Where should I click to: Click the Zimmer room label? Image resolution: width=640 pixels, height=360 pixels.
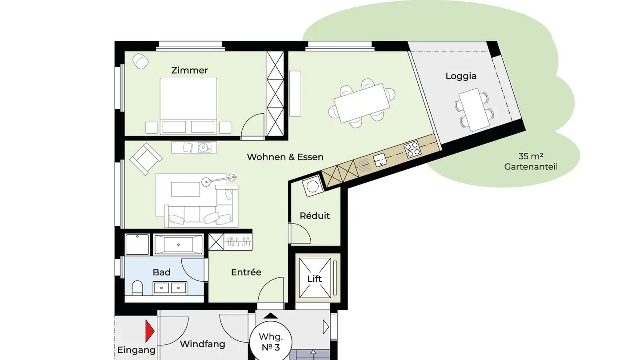189,70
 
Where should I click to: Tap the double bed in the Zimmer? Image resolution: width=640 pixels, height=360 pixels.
188,105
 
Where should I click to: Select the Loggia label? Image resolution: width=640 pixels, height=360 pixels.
461,76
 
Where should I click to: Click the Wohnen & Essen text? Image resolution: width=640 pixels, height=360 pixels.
285,157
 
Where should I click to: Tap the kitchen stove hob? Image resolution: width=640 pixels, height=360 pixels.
412,150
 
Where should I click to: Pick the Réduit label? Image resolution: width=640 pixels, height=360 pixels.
315,216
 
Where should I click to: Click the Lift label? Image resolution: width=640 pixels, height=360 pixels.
315,279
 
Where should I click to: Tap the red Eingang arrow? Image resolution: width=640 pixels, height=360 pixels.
149,331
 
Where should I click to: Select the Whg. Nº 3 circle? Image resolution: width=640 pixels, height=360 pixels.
271,341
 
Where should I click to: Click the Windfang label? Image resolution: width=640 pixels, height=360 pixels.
202,344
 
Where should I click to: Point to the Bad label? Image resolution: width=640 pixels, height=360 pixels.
161,272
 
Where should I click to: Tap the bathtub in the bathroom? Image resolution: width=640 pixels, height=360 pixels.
178,244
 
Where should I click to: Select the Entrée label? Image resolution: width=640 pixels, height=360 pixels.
246,272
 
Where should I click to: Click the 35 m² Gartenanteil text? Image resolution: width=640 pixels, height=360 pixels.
531,162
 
